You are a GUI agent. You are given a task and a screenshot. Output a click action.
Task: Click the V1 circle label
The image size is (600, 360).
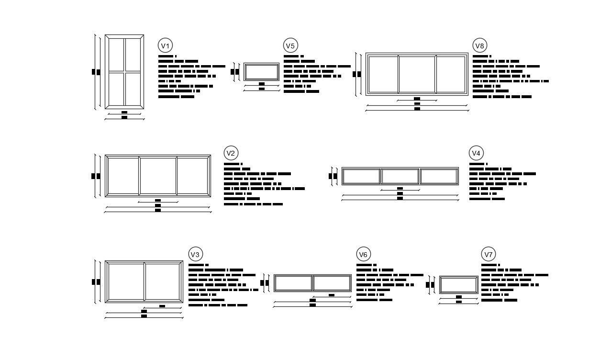tap(165, 46)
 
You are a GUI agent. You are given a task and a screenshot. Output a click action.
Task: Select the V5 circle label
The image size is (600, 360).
tap(290, 46)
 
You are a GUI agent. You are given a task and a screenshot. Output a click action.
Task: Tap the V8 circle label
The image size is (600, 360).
tap(479, 46)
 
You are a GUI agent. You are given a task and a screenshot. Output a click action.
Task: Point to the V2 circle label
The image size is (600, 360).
tap(231, 153)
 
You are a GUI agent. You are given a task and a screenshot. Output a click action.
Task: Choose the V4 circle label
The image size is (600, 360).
tap(476, 153)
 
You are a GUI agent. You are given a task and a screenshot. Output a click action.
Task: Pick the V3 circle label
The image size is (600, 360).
tap(195, 254)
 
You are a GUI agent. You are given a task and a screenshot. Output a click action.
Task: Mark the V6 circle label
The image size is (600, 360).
tap(363, 254)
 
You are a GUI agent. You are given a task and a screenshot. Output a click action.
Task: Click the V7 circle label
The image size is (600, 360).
tap(488, 254)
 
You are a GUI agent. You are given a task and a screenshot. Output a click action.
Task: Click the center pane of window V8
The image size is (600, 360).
tap(417, 74)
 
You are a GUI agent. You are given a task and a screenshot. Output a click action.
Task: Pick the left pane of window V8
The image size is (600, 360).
tap(383, 74)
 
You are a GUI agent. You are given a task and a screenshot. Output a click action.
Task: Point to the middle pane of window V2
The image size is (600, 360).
tap(158, 175)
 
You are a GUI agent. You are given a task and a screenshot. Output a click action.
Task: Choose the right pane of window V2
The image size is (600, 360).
tap(192, 175)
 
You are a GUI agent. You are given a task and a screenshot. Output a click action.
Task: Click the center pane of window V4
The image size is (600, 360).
tap(400, 176)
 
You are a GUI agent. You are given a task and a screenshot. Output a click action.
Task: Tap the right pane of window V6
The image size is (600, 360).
tap(332, 283)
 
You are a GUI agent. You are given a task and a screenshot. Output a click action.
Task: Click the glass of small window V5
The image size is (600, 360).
tap(261, 72)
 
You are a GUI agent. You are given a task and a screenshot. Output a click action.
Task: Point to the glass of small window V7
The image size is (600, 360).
tap(459, 284)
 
